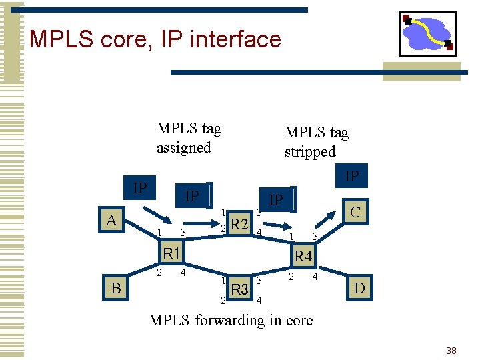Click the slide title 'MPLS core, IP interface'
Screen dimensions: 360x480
(155, 39)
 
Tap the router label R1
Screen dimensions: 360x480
(172, 253)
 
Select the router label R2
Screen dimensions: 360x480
(239, 223)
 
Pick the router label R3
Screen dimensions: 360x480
(240, 289)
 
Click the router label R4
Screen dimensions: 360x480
(303, 255)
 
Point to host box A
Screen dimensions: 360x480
(113, 221)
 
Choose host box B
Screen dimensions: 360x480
(116, 288)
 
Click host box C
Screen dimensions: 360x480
(355, 213)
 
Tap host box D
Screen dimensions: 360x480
(359, 288)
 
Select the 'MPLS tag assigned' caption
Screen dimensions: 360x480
(189, 137)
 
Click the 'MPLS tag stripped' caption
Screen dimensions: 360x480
(316, 142)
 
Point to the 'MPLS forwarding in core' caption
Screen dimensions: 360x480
(231, 320)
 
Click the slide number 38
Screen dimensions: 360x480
(451, 351)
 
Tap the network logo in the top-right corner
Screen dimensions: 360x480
(427, 34)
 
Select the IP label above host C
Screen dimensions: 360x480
(351, 176)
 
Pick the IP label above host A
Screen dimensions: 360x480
(139, 187)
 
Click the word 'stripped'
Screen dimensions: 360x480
(310, 151)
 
